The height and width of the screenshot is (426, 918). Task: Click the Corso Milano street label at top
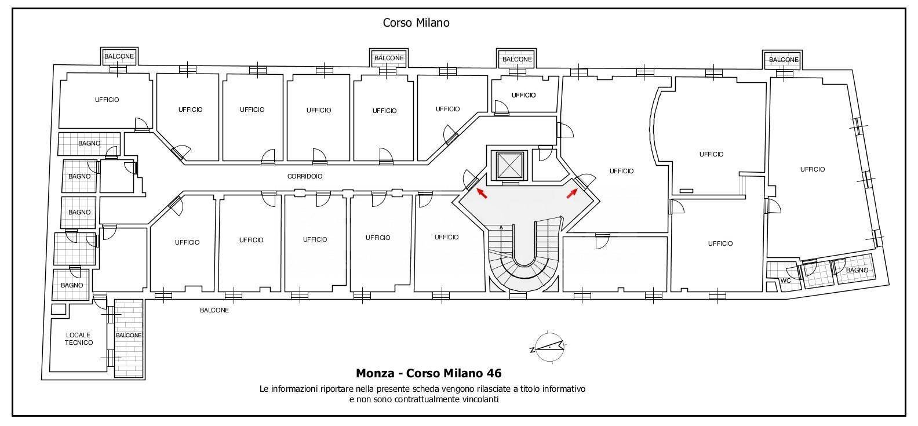(x=416, y=23)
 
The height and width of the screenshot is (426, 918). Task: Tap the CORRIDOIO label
(x=305, y=176)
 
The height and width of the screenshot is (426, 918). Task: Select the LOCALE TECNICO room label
(x=79, y=339)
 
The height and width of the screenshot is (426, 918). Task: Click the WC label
(x=786, y=281)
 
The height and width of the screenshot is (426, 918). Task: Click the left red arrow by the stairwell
(x=481, y=193)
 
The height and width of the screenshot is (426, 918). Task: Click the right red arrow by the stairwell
(x=572, y=193)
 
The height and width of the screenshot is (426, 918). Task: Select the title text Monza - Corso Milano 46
(x=428, y=373)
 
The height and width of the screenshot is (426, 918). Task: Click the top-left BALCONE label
(x=119, y=57)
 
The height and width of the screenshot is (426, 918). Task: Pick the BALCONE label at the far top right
(x=784, y=60)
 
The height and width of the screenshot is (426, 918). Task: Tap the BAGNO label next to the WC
(x=857, y=270)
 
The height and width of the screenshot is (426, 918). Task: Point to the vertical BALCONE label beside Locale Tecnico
(x=129, y=335)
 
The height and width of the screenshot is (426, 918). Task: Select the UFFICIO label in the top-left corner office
(x=107, y=100)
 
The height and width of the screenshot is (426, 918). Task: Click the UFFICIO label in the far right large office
(x=812, y=169)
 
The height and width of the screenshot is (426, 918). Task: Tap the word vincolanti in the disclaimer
(x=476, y=399)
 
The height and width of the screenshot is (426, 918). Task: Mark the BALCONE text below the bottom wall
(x=214, y=310)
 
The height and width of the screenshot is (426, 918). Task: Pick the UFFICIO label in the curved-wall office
(x=711, y=154)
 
